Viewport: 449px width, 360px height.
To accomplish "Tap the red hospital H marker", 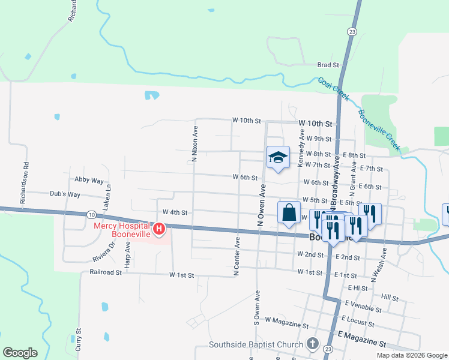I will pyautogui.click(x=159, y=229).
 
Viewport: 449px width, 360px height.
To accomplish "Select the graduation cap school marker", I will pyautogui.click(x=278, y=157).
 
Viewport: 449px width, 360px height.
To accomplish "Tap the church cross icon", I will pyautogui.click(x=312, y=344).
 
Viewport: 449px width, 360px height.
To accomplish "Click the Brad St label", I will pyautogui.click(x=328, y=65).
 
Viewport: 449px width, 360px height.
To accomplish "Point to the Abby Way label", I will pyautogui.click(x=89, y=180).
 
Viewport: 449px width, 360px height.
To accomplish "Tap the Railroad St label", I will pyautogui.click(x=106, y=272).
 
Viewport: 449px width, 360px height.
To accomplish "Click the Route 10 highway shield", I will pyautogui.click(x=91, y=214).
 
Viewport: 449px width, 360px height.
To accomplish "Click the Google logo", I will pyautogui.click(x=20, y=353).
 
